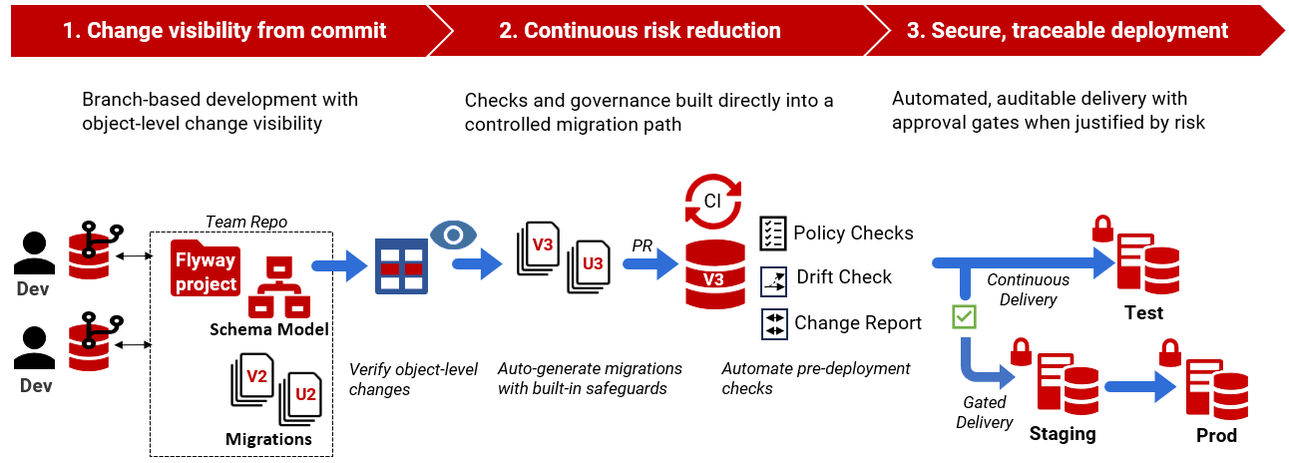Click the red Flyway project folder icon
[206, 267]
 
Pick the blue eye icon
[454, 234]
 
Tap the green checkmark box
[965, 317]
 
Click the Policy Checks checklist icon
[773, 233]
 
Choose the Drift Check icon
[774, 278]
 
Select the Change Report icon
[774, 323]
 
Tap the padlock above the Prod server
[1170, 352]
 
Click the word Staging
[1062, 434]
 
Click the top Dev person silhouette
[34, 252]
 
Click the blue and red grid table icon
[401, 265]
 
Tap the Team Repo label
[238, 221]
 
